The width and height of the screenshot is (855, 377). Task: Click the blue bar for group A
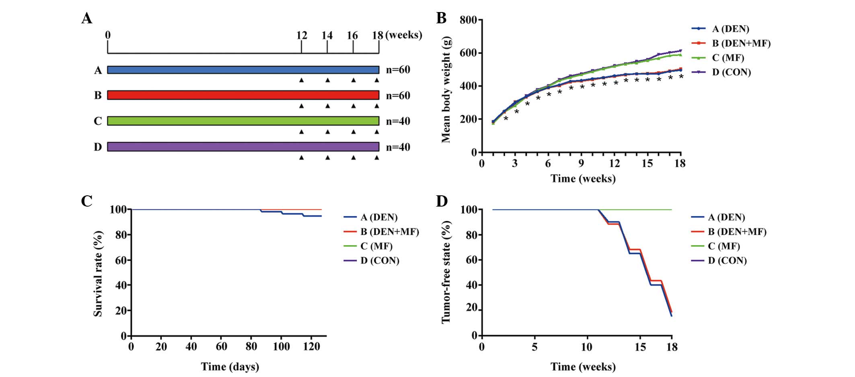coord(243,70)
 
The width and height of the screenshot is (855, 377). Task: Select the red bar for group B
coord(243,95)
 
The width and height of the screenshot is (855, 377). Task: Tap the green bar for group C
coord(243,121)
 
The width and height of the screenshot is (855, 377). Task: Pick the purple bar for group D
coord(243,147)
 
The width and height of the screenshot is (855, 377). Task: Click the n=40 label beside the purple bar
coord(398,147)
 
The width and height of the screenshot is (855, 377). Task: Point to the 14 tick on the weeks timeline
coord(327,36)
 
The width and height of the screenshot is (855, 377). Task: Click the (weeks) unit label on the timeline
coord(404,35)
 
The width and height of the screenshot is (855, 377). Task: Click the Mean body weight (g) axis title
coord(446,90)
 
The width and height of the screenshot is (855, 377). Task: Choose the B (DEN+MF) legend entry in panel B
coord(741,43)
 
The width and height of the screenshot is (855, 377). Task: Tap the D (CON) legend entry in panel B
coord(731,72)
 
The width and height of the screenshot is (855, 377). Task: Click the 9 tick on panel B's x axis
coord(581,164)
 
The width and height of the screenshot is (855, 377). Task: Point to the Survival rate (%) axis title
coord(98,273)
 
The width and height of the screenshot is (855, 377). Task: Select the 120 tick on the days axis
coord(311,347)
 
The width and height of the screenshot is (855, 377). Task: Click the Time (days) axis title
coord(230,367)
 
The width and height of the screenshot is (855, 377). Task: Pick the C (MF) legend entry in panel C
coord(376,246)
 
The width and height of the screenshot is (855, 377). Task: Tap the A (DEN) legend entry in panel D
coord(726,217)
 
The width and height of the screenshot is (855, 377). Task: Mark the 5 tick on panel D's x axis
coord(534,347)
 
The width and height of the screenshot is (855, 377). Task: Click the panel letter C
coord(87,201)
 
